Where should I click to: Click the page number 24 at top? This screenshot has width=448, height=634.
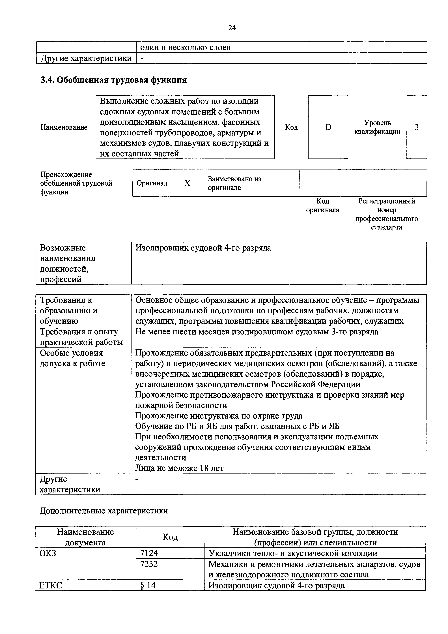click(x=232, y=28)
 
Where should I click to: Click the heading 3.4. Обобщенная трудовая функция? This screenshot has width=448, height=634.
click(x=113, y=80)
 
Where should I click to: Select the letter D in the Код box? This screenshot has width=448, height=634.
click(x=328, y=127)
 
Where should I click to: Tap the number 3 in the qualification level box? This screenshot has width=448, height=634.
click(x=417, y=127)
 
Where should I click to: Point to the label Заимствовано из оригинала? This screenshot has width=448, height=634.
click(x=234, y=183)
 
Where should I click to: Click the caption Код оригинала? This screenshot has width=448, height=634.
click(x=322, y=205)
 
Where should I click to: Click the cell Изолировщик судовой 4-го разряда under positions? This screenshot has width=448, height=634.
click(x=203, y=248)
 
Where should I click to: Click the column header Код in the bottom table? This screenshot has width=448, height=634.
click(x=170, y=537)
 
